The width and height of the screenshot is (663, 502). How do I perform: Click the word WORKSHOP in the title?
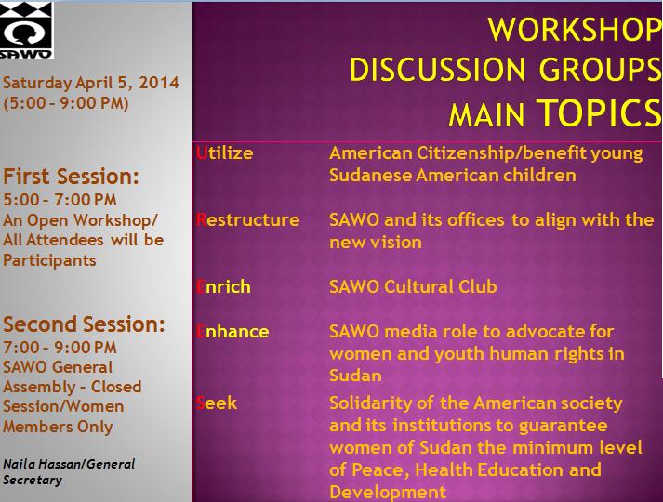pyautogui.click(x=575, y=29)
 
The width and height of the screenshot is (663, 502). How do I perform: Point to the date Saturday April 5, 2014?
pyautogui.click(x=90, y=84)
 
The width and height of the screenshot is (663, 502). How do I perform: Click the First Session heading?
pyautogui.click(x=71, y=177)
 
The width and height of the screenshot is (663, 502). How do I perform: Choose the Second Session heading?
pyautogui.click(x=84, y=324)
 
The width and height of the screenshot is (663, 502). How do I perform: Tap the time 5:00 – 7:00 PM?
pyautogui.click(x=60, y=199)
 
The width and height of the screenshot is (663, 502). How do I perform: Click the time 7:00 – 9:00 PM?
pyautogui.click(x=60, y=346)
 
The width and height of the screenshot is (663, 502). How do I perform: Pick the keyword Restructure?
pyautogui.click(x=247, y=220)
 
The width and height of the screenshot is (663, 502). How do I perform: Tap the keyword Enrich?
pyautogui.click(x=223, y=287)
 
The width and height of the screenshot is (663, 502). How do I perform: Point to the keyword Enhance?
pyautogui.click(x=232, y=332)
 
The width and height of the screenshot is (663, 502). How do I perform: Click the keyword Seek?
pyautogui.click(x=217, y=403)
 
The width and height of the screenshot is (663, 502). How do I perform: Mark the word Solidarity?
pyautogui.click(x=370, y=403)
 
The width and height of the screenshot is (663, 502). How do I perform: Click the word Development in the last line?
pyautogui.click(x=388, y=492)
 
